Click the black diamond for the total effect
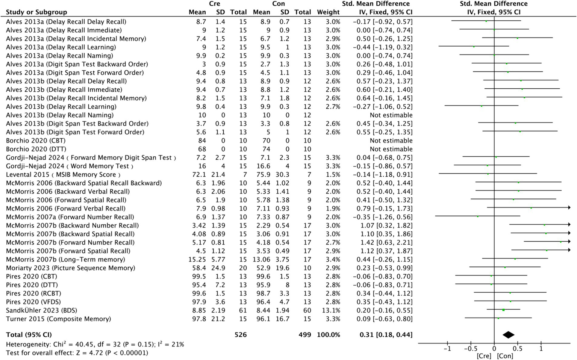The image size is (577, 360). point(508,335)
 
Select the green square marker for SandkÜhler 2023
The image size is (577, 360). point(503,310)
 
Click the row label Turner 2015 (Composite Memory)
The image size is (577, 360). point(58,319)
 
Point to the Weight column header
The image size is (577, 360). point(328,12)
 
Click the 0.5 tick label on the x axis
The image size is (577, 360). point(517,349)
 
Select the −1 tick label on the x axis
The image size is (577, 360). point(447,349)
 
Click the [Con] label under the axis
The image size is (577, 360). point(505,356)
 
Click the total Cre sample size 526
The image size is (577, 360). point(241,334)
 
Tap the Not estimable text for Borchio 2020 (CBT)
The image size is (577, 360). point(391,141)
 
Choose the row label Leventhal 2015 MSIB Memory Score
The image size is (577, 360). point(63,174)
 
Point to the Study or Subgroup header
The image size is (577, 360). point(36,12)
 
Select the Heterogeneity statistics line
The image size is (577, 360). point(95,344)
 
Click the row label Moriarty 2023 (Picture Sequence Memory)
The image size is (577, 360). point(70,268)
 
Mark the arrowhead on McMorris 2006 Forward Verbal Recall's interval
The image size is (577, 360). point(569,207)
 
